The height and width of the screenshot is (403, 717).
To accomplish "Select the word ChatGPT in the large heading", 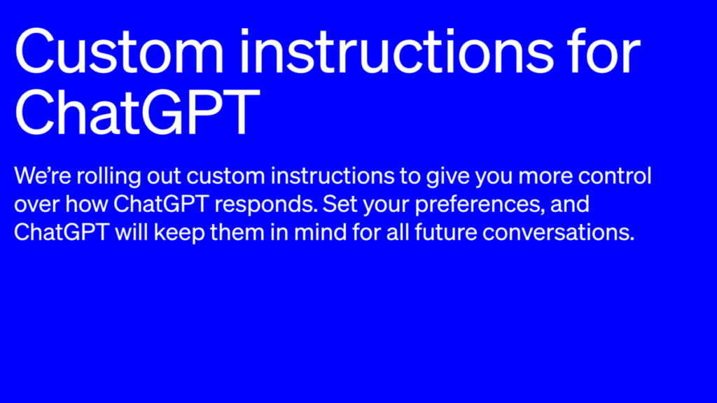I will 133,113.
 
